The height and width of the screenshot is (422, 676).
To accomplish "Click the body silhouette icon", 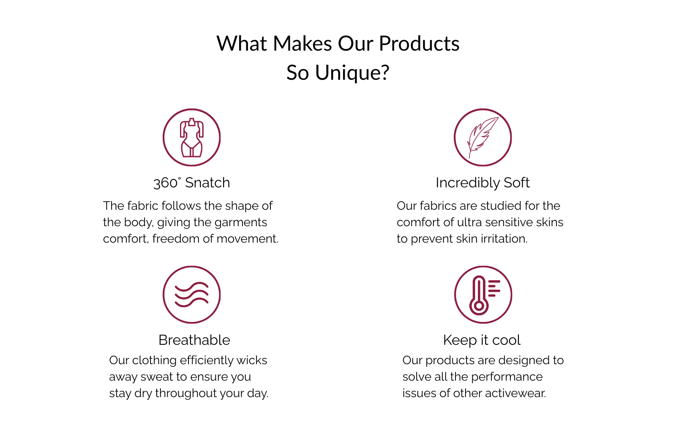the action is (x=192, y=138).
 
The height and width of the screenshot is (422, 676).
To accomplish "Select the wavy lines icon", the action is (x=192, y=295).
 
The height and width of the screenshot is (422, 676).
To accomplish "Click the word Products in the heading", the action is (x=419, y=44).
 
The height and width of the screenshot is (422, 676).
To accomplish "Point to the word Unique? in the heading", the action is (x=352, y=73).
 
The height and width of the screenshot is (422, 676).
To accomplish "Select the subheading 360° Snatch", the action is (x=192, y=183).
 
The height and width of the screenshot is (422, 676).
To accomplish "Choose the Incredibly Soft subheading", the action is (x=482, y=183).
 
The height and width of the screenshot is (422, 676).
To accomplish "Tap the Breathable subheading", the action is (x=194, y=340).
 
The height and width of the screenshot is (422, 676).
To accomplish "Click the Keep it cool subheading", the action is (x=482, y=340).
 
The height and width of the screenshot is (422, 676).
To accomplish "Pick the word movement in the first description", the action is (x=248, y=239).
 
